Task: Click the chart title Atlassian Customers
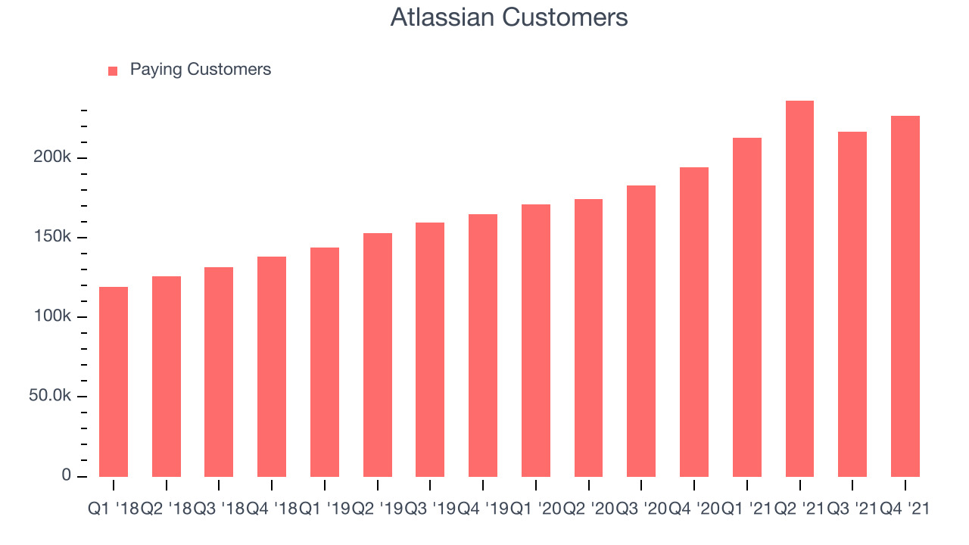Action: point(509,17)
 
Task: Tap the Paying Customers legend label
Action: point(201,70)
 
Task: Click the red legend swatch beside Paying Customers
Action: point(113,71)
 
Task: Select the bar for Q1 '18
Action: point(114,381)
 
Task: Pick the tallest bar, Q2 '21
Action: point(799,288)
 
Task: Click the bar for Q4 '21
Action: point(905,296)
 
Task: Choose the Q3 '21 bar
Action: point(852,304)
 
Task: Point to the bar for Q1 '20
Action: point(536,341)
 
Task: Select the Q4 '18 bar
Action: point(272,367)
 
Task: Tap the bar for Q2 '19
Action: point(378,355)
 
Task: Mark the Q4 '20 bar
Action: point(694,322)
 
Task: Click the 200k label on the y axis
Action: point(52,157)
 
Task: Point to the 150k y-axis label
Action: point(52,236)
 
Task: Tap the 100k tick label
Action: point(52,316)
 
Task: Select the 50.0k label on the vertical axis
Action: point(50,395)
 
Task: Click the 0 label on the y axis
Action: point(66,475)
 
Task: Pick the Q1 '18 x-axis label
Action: point(114,509)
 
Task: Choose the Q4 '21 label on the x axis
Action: point(905,509)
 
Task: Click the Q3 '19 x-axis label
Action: point(430,509)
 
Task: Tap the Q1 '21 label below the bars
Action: point(747,509)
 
